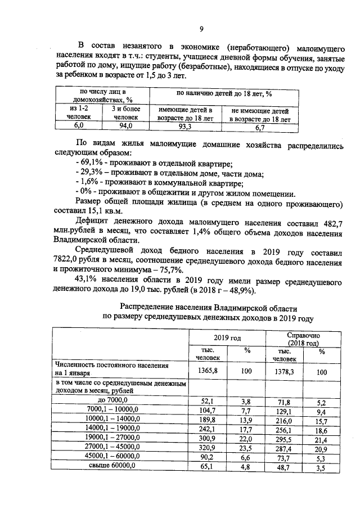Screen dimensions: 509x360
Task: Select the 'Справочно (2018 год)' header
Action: tap(302, 339)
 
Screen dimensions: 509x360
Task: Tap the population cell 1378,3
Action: tap(282, 372)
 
